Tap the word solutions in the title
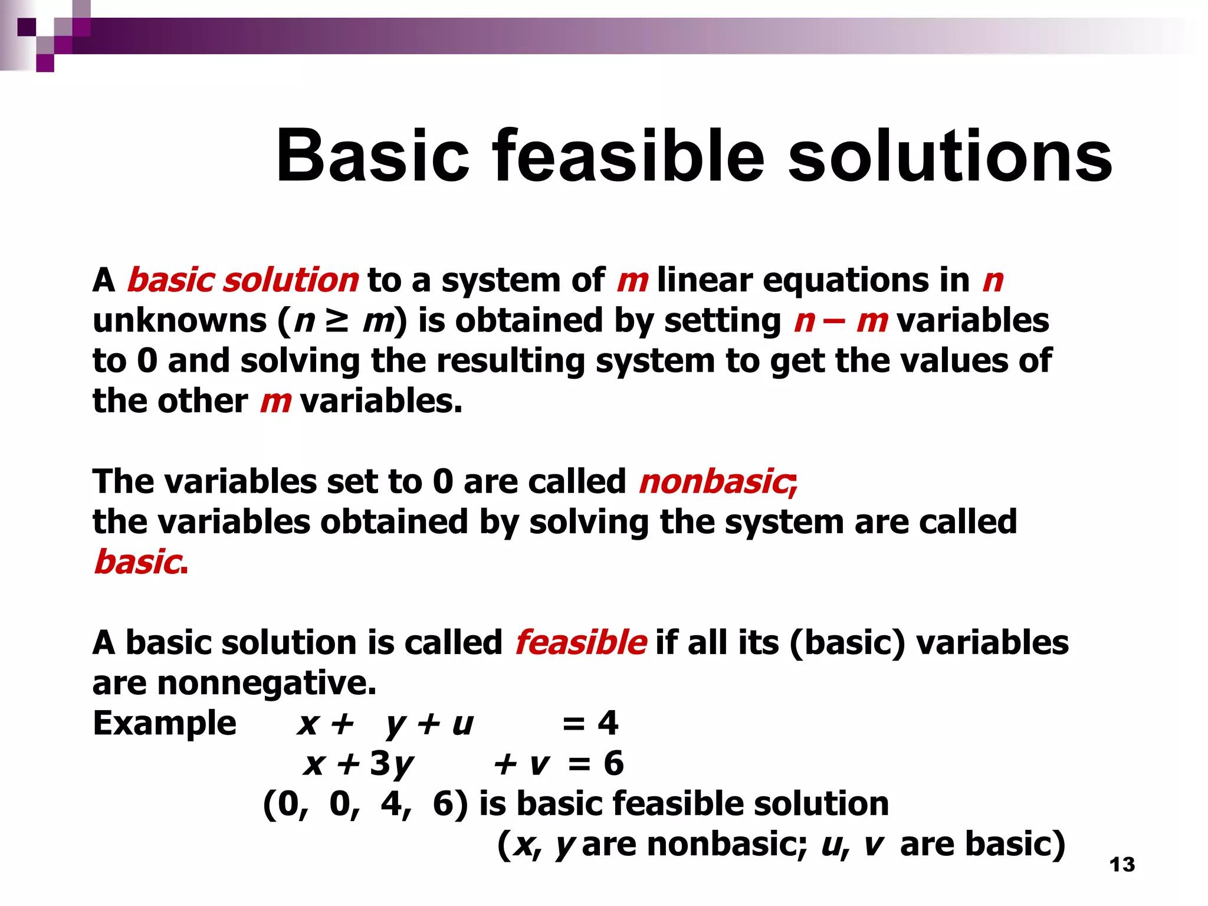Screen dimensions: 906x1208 pos(950,156)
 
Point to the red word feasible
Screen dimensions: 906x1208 pos(580,642)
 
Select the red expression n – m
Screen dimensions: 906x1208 pos(841,320)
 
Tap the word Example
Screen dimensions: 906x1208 pos(165,723)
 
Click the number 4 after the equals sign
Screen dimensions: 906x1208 pos(608,723)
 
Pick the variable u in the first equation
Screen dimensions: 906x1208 pos(462,723)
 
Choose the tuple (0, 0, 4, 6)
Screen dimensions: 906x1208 pos(365,803)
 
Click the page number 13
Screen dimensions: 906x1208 pos(1122,865)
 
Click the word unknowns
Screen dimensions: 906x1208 pos(179,320)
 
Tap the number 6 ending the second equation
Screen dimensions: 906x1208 pos(613,763)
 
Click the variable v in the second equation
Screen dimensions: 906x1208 pos(539,763)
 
